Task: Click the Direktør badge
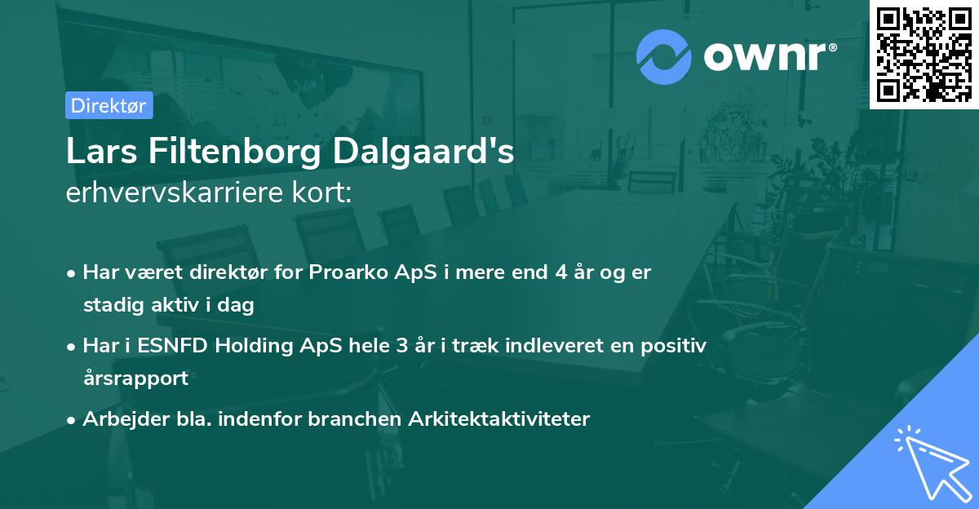109,105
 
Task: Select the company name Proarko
341,272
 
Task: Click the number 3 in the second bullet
401,345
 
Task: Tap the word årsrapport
135,378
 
